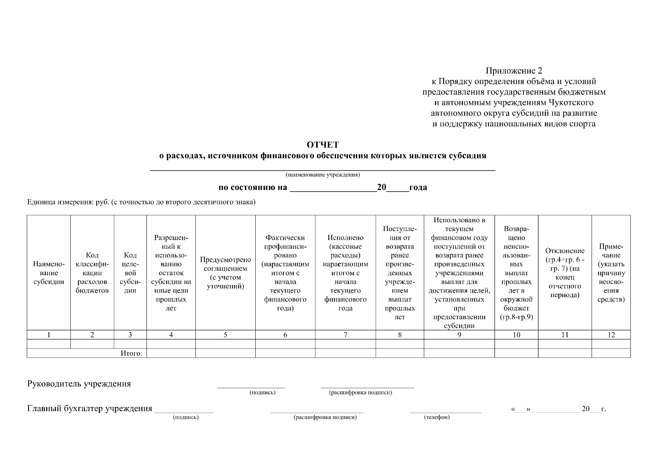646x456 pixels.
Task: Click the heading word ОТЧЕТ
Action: tap(323, 145)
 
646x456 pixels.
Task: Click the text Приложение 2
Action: tap(514, 71)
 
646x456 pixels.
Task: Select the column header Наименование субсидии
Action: tap(49, 273)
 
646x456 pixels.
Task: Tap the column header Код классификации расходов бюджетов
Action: tap(92, 273)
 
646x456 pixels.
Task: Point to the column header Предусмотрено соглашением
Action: tap(225, 273)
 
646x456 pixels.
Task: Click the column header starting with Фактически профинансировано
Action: tap(285, 273)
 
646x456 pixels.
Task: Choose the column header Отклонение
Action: tap(565, 273)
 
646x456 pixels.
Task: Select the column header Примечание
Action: tap(611, 273)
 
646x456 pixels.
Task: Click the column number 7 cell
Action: tap(345, 335)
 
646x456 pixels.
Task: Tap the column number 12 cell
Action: tap(611, 335)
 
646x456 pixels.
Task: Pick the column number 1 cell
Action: tap(49, 335)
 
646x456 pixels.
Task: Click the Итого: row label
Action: tap(132, 353)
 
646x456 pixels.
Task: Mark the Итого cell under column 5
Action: tap(225, 353)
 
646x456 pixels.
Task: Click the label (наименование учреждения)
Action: tap(323, 175)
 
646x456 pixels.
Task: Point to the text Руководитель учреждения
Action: tap(79, 384)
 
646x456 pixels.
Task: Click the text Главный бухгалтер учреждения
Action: tap(90, 409)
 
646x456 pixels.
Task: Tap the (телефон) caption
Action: tap(437, 418)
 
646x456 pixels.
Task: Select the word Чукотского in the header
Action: tap(571, 103)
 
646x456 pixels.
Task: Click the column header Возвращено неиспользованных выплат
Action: tap(516, 273)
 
